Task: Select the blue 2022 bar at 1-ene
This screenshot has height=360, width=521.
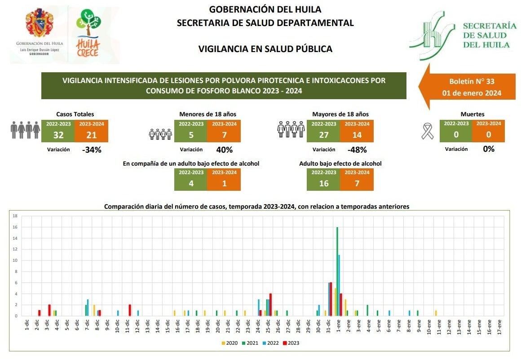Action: (339, 285)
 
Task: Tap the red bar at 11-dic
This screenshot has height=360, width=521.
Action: (129, 310)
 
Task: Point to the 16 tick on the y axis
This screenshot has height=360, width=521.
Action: (15, 227)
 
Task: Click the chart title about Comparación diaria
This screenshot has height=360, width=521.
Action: (256, 206)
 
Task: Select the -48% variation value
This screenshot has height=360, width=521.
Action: (357, 150)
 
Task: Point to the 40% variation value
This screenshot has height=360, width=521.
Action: (224, 150)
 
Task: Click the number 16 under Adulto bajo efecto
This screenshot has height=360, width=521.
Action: (323, 183)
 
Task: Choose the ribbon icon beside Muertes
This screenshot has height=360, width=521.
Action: (428, 131)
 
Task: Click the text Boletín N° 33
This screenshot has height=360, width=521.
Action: (472, 82)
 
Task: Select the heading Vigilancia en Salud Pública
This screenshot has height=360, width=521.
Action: (265, 49)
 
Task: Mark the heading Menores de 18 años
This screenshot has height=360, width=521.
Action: (208, 114)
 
